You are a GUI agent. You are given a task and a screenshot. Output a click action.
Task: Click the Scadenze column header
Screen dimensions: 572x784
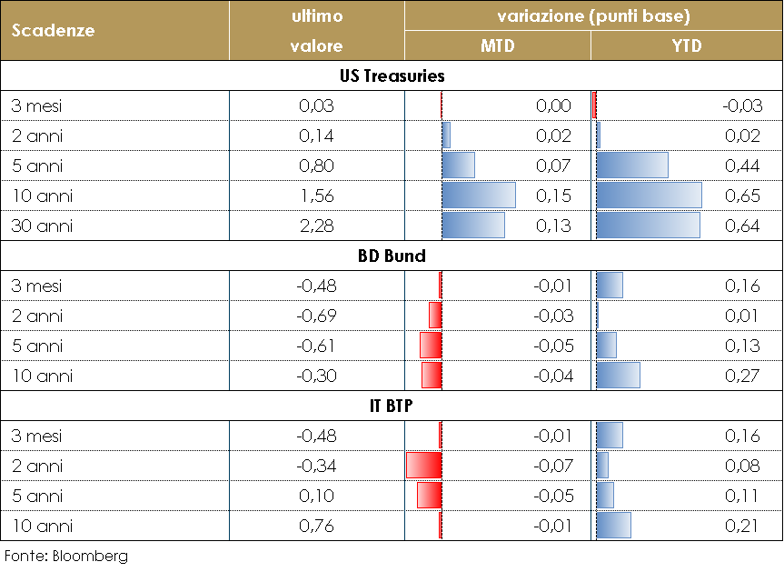pos(54,30)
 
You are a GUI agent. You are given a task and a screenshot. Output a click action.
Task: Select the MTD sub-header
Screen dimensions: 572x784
pos(497,46)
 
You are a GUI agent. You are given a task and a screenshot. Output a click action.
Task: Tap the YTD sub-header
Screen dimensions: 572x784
pos(687,46)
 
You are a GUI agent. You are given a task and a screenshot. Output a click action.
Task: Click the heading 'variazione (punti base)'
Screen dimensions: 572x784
pos(593,16)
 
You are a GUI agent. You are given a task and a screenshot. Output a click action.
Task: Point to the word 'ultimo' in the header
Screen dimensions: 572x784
pos(316,16)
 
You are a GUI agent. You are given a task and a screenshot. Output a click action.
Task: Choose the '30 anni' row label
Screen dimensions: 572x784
pos(42,226)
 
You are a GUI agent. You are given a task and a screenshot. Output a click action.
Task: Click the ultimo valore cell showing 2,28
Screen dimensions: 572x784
pos(316,226)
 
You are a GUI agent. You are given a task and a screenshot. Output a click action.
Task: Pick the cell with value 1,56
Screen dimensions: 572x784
pos(316,196)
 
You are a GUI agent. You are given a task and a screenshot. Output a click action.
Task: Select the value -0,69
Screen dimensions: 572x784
pos(316,316)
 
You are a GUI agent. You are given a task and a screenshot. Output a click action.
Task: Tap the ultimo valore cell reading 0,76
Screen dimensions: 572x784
pos(316,526)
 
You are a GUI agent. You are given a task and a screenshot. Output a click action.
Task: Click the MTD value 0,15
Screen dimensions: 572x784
pos(553,196)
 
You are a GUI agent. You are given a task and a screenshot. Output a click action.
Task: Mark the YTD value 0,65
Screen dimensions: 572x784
pos(742,196)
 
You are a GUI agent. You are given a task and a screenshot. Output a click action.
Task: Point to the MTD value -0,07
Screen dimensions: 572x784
pos(553,466)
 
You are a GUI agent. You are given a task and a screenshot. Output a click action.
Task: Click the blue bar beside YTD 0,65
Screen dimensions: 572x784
pos(649,196)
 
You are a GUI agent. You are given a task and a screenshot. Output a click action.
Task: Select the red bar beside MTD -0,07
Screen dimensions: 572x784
pos(424,466)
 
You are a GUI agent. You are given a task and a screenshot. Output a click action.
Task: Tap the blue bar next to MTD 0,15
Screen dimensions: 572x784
pos(478,196)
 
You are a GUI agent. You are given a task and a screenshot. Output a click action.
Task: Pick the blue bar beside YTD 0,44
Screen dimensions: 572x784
pos(632,166)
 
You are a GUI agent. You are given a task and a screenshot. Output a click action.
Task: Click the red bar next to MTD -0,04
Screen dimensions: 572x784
pos(432,376)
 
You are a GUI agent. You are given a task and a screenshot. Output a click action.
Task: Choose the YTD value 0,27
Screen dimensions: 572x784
pos(742,376)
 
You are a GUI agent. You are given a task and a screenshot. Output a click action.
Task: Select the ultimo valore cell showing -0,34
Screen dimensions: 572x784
pos(316,466)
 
